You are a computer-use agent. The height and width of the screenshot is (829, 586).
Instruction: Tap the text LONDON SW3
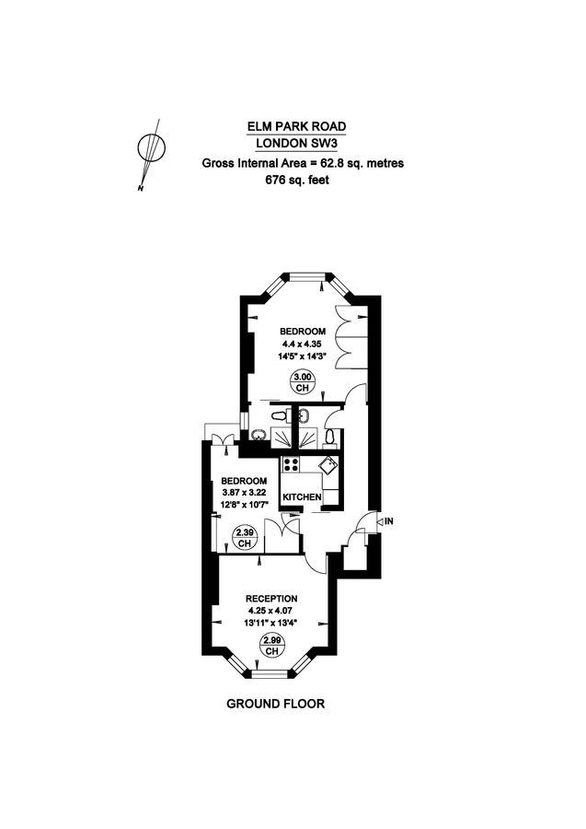click(x=302, y=144)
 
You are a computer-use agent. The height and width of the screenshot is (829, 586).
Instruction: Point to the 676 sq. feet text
click(x=302, y=181)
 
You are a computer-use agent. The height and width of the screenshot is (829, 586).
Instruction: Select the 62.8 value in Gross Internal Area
click(x=327, y=163)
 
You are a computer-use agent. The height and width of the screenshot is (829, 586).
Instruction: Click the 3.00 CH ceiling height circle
click(x=302, y=380)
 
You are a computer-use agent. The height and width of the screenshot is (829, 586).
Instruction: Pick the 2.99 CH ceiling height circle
click(x=272, y=646)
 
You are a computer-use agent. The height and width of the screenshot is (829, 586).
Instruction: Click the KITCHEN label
click(x=302, y=497)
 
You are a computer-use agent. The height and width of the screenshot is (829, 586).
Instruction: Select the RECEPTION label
click(x=272, y=599)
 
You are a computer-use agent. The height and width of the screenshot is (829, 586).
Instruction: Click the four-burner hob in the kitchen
click(x=292, y=465)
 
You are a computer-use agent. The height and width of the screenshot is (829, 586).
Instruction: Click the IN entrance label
click(x=389, y=522)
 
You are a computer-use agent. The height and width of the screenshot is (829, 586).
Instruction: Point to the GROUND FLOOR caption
click(x=276, y=705)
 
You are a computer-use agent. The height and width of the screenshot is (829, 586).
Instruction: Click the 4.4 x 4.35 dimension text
click(x=302, y=344)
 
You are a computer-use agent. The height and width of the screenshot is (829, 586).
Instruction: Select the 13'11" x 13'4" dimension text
click(x=272, y=623)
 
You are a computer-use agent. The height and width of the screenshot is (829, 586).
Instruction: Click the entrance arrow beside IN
click(x=376, y=522)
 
